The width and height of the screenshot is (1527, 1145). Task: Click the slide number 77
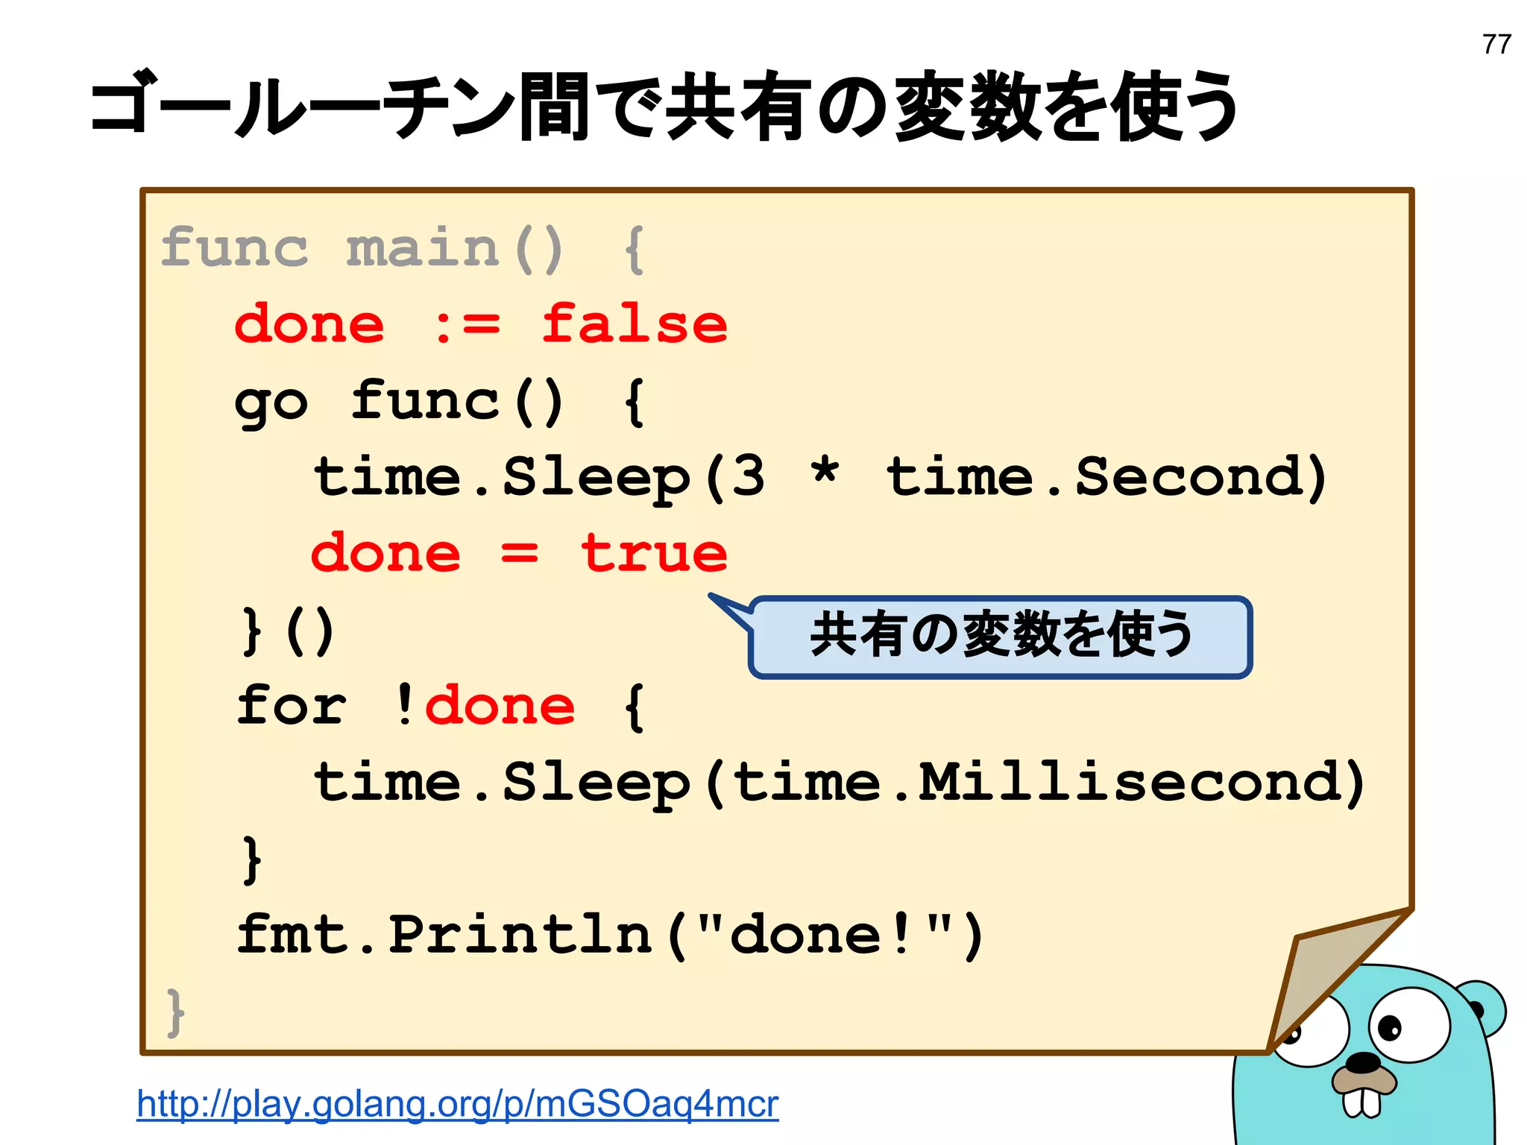point(1496,45)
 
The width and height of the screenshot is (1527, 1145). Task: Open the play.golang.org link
point(457,1104)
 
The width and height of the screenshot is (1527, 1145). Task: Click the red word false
point(634,325)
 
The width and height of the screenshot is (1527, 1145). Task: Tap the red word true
point(654,554)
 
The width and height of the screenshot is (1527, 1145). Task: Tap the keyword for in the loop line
point(291,705)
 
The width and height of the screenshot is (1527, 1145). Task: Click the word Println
point(520,934)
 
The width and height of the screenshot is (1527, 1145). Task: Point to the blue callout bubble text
point(1001,635)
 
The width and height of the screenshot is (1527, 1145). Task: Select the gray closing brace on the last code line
point(175,1012)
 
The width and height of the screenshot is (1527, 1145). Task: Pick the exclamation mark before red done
point(404,705)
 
